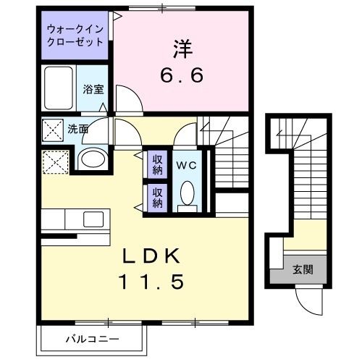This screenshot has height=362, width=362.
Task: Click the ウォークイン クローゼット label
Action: click(x=75, y=35)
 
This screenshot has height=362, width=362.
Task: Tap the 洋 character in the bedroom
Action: click(x=182, y=49)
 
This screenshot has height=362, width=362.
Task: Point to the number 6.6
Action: click(x=182, y=74)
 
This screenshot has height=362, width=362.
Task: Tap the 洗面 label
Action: click(x=78, y=130)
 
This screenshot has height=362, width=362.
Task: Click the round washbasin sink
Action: click(x=92, y=159)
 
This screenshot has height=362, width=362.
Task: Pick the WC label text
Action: click(x=186, y=164)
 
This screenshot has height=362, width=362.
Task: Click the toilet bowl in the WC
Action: click(x=186, y=194)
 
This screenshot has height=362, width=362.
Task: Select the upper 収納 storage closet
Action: click(x=157, y=164)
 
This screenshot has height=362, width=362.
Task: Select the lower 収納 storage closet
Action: click(x=157, y=198)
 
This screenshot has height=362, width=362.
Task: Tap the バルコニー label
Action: click(x=92, y=339)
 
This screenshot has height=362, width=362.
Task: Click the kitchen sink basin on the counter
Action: click(x=93, y=219)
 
